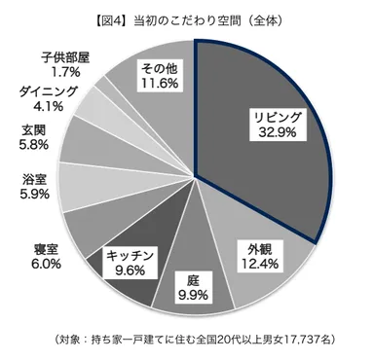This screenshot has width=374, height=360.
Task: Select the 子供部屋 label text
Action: click(x=65, y=55)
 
